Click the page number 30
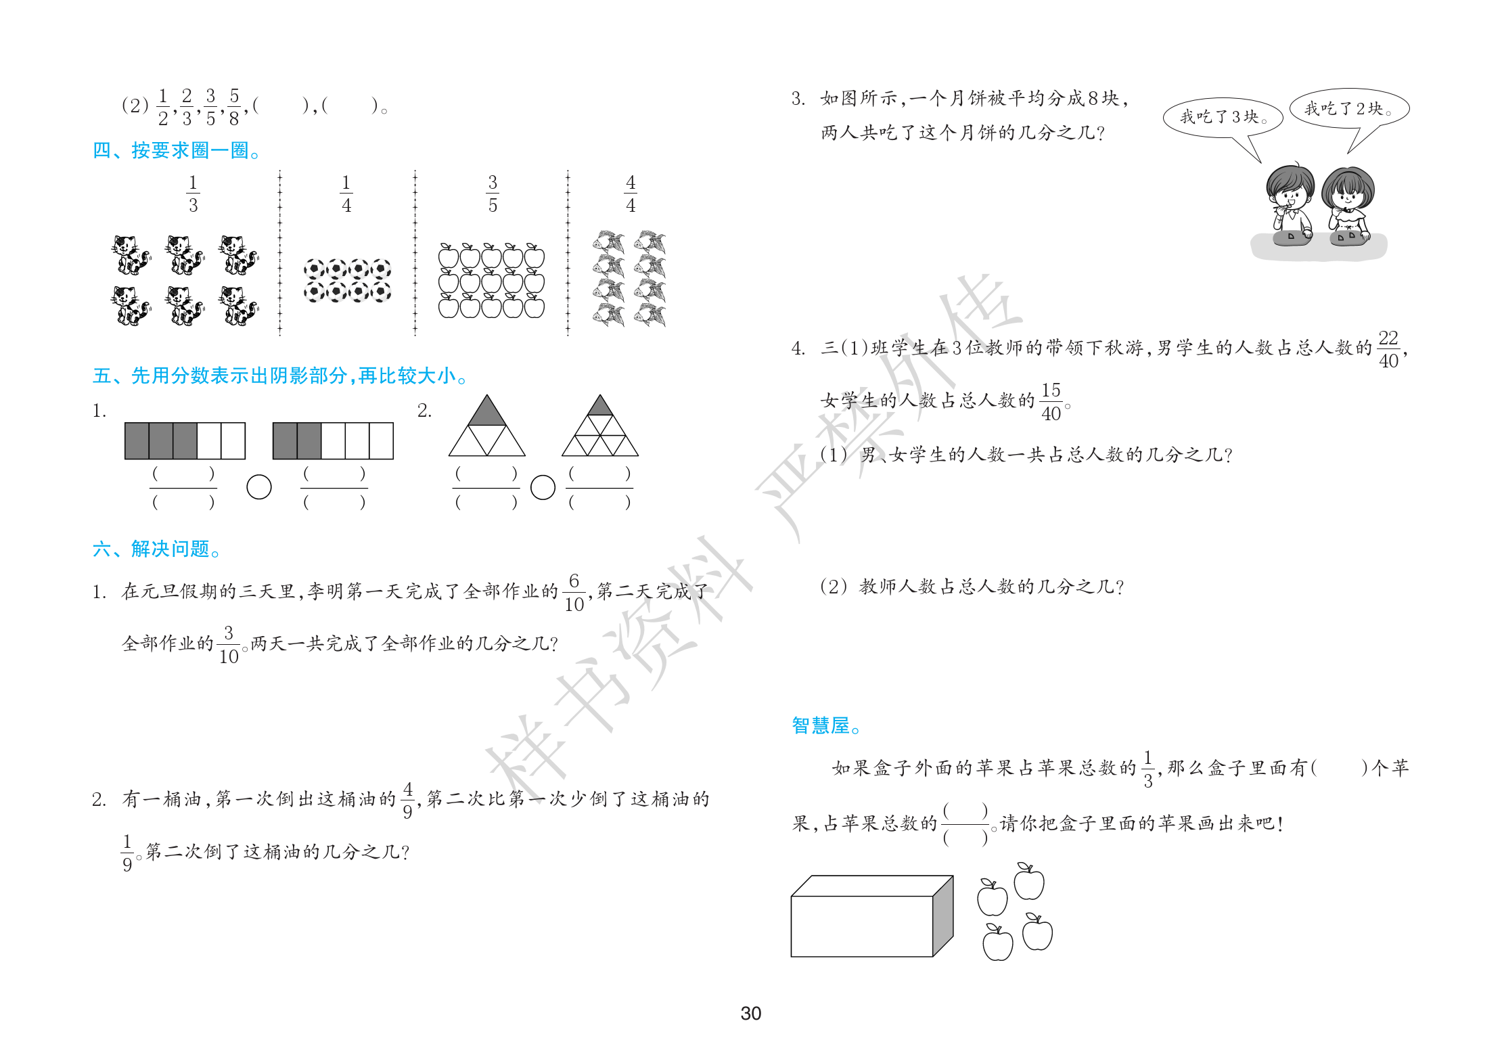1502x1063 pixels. coord(750,1013)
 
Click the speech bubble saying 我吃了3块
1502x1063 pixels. coord(1222,119)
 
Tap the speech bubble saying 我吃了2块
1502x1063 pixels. coord(1349,110)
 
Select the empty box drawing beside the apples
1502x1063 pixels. coord(871,916)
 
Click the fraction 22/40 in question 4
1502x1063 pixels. coord(1388,349)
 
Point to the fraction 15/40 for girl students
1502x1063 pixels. coord(1051,402)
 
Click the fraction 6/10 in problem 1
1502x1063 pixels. coord(574,593)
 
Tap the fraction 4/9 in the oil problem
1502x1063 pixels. coord(407,800)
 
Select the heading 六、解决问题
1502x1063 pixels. coord(157,549)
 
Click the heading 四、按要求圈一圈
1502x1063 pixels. coord(177,150)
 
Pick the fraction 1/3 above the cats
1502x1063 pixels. coord(193,194)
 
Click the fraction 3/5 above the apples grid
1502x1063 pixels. coord(493,194)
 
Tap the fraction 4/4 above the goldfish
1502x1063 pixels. coord(631,194)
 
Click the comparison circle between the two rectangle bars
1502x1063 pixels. coord(259,487)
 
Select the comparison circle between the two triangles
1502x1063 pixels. coord(543,487)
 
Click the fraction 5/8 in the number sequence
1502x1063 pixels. coord(234,107)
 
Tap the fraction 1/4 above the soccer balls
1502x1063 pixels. coord(346,194)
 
